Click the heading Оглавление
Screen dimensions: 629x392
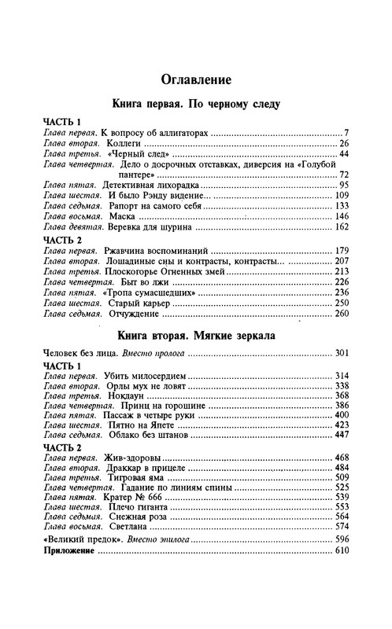(x=195, y=79)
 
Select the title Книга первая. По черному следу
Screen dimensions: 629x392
(x=195, y=104)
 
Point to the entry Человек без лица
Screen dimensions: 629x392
(x=78, y=353)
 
